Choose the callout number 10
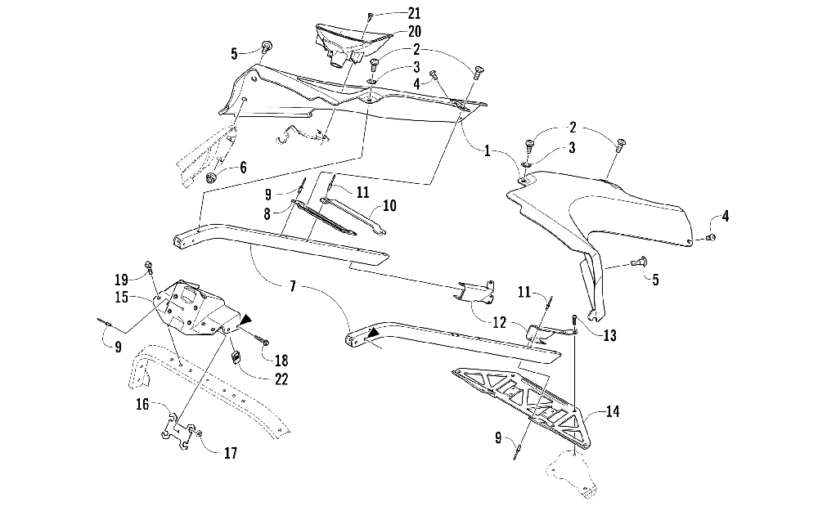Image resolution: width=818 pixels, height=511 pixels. click(389, 204)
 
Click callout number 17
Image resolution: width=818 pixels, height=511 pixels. click(232, 452)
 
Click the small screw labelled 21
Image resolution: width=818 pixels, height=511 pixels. click(370, 16)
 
